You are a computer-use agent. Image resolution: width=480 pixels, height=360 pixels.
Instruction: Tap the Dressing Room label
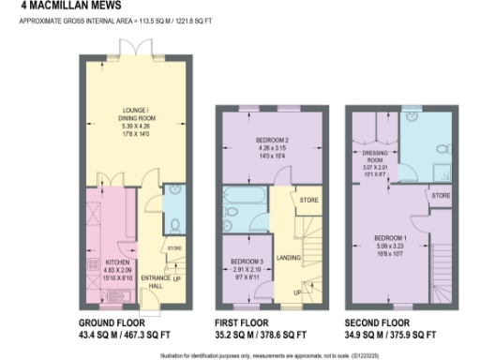tap(375, 158)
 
